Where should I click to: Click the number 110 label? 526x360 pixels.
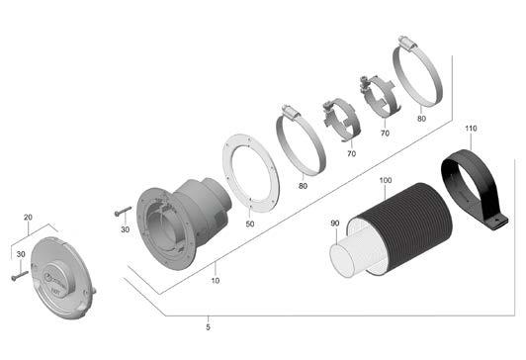pyautogui.click(x=471, y=129)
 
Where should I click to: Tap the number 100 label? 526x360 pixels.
pyautogui.click(x=386, y=180)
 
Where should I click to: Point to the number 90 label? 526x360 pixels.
pyautogui.click(x=335, y=224)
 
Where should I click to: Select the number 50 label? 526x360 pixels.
pyautogui.click(x=250, y=224)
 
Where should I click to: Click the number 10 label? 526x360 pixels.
pyautogui.click(x=216, y=280)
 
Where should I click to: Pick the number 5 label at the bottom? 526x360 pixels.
pyautogui.click(x=208, y=327)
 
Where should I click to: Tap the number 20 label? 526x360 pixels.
pyautogui.click(x=28, y=217)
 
